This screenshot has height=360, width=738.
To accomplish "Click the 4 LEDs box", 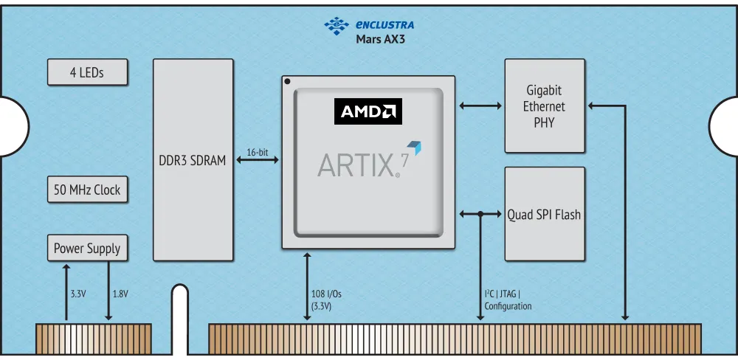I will tap(87, 72).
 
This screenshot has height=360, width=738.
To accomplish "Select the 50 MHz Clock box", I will tap(87, 190).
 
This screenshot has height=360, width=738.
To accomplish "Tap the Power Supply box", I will tap(87, 248).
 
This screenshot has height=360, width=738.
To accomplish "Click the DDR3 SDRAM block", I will tap(193, 160).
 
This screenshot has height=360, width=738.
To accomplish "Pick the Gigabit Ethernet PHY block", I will tap(545, 106).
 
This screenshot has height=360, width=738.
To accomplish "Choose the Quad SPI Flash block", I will tap(545, 215).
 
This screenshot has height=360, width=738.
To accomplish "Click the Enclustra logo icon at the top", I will tap(336, 26).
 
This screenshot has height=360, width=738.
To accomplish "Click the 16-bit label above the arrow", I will tap(257, 152).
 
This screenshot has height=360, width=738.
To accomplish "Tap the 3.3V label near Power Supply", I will tap(78, 294).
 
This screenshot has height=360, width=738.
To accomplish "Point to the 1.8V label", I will tap(120, 294).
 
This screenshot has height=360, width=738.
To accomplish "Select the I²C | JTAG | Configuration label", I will tap(508, 300).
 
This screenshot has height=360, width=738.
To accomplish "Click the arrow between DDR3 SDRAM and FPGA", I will tap(257, 160).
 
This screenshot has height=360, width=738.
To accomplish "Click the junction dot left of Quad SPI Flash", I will tap(480, 215).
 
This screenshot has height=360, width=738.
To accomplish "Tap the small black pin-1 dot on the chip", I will tap(287, 81).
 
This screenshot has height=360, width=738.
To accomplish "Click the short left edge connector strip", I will tap(94, 338).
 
